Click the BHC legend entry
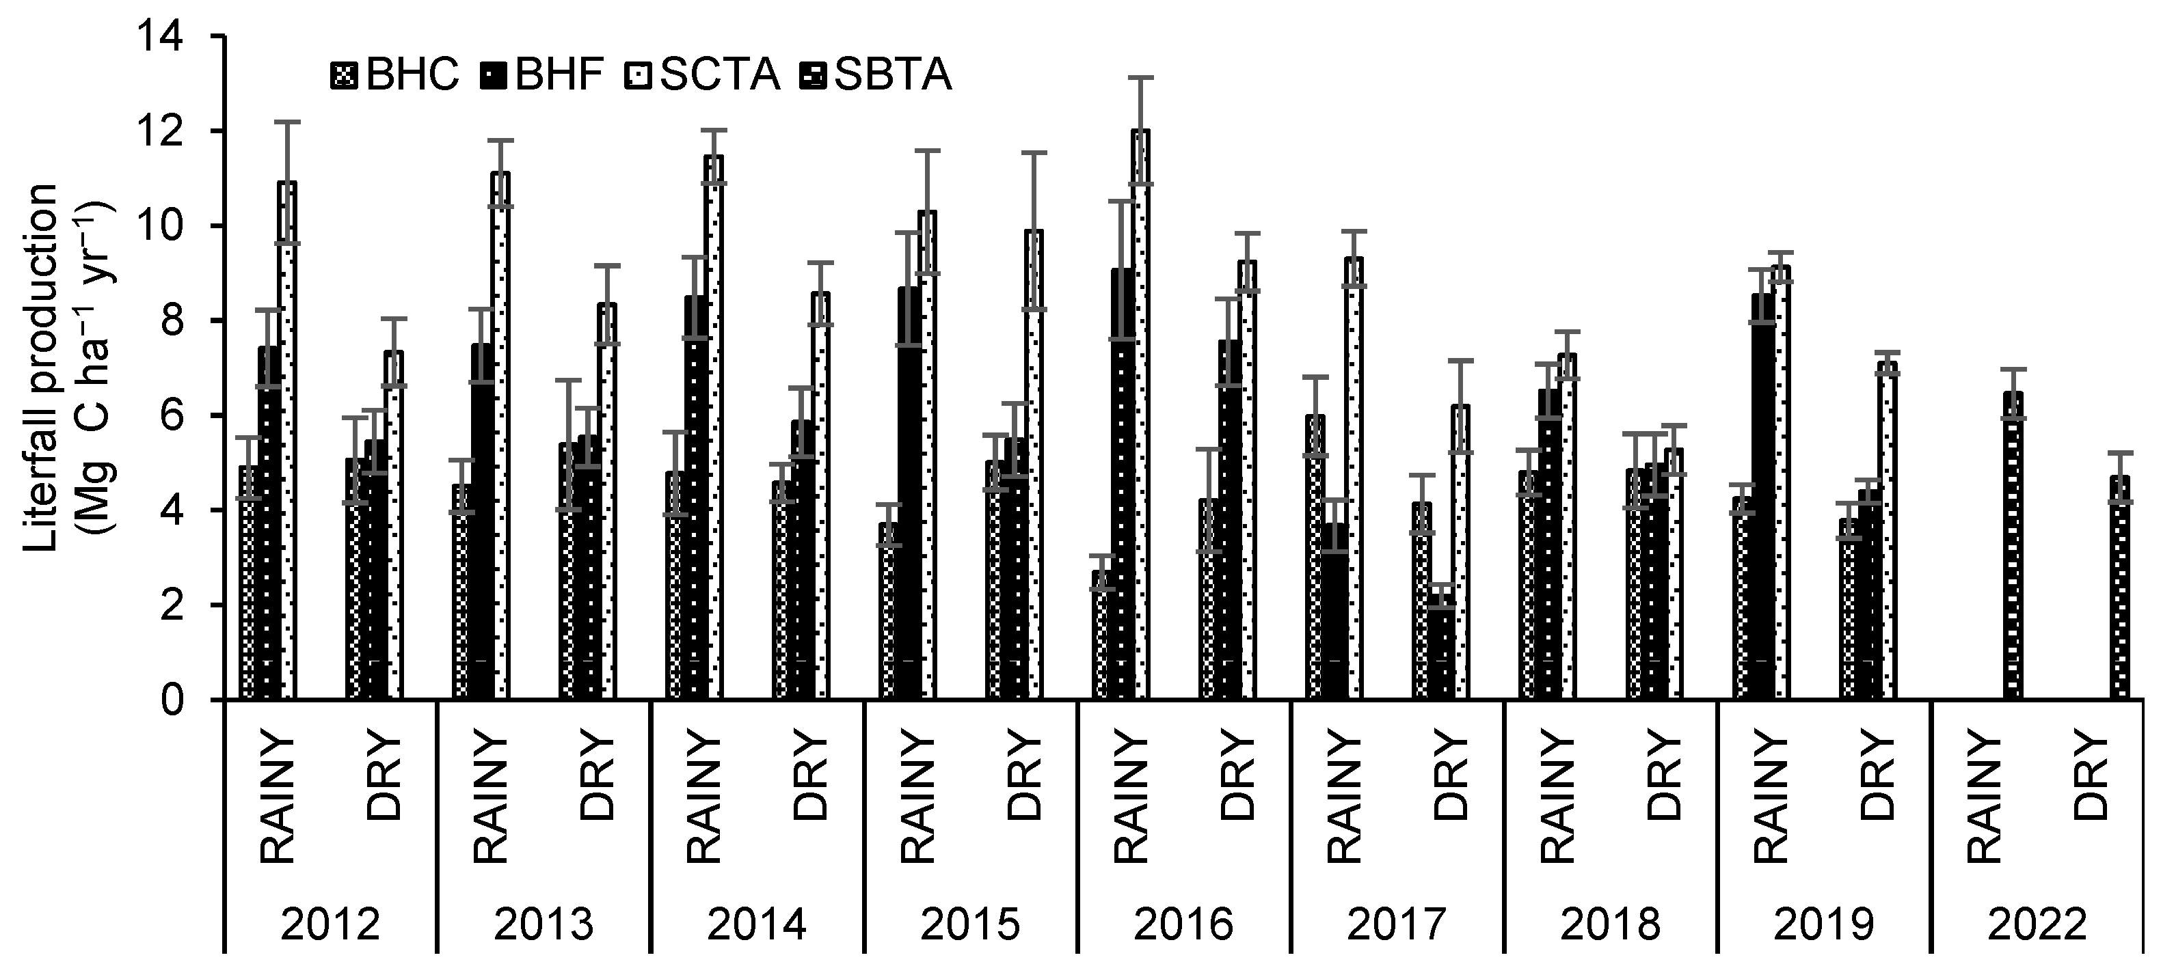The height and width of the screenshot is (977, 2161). tap(394, 75)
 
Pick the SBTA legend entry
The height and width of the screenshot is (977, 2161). tap(881, 75)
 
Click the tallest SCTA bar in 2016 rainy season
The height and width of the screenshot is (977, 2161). tap(1141, 419)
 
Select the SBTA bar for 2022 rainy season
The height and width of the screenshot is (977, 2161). tap(2013, 545)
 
